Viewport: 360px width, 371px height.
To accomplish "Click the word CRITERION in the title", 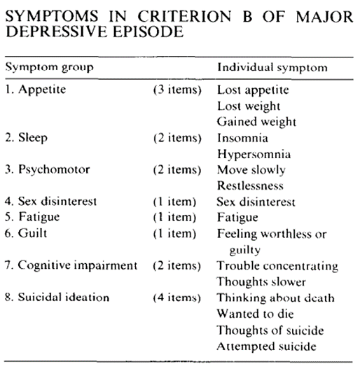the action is point(184,16).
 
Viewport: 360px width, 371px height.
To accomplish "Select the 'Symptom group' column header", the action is point(50,67).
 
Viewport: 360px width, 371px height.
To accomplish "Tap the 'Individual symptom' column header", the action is point(272,67).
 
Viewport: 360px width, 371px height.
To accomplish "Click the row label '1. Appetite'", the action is point(36,90).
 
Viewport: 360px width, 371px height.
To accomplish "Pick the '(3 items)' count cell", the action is point(177,90).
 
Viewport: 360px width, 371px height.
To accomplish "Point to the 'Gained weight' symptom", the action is point(256,122).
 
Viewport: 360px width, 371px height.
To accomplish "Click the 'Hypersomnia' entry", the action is point(254,155).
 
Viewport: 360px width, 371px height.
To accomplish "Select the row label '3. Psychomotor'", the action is point(48,170).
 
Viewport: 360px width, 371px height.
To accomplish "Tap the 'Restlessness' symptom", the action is point(250,185).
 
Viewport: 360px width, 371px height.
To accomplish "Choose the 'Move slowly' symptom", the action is point(251,170).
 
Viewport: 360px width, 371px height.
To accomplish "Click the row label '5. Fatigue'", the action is point(32,217).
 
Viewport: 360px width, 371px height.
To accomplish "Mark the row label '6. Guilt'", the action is point(26,233).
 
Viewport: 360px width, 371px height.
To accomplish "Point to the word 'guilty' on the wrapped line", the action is point(244,250).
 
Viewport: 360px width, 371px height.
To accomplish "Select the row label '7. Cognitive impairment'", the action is point(71,265).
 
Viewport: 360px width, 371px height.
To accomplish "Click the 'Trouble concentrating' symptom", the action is point(277,266).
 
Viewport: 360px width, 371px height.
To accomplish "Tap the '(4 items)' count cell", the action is point(176,297).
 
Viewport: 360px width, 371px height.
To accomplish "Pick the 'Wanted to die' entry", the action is point(255,314).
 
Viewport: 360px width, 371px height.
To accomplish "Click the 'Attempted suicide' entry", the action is point(267,346).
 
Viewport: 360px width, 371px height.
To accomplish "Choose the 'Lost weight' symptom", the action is point(249,106).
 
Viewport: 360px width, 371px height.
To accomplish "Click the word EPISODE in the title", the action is point(148,31).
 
